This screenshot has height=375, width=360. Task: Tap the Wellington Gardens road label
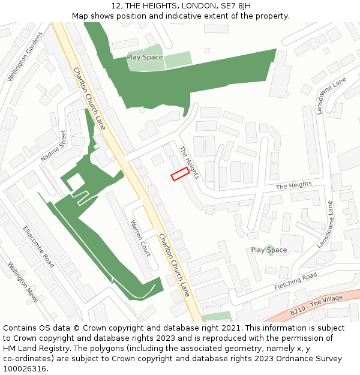point(25,56)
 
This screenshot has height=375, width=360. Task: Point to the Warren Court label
point(141,238)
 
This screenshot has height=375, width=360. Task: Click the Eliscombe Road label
point(38,247)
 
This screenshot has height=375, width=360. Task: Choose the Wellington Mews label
point(23,282)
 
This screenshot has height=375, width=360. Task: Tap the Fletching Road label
point(295,281)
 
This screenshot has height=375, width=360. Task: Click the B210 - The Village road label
point(316,305)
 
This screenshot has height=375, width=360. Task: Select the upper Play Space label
point(145,58)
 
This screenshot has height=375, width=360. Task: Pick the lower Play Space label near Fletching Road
point(269,250)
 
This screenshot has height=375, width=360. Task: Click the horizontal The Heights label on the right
point(295,186)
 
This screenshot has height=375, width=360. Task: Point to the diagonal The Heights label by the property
point(189,163)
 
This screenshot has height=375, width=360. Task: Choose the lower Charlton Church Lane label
point(174,264)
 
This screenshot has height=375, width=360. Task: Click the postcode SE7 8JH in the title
point(235,6)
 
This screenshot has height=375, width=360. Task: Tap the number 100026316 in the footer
point(24,368)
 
